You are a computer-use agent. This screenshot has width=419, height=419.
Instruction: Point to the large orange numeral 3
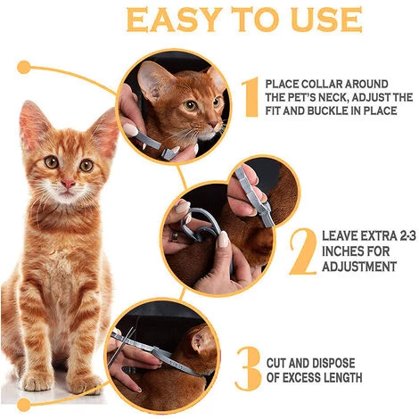coord(249,366)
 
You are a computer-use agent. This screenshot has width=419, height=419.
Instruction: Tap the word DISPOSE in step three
coord(334,363)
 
